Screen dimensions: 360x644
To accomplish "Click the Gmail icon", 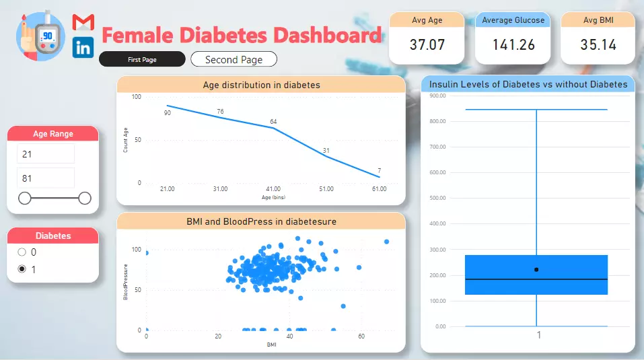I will coord(83,22).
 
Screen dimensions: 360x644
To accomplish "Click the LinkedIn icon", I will coord(83,47).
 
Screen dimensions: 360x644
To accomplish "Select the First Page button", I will coord(142,60).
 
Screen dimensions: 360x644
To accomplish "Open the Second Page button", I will coord(234,60).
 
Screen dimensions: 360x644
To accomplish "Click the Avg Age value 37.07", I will coord(427,45).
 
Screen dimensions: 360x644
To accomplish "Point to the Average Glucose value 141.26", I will coord(513,45).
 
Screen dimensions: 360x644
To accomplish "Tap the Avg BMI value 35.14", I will coord(598,45).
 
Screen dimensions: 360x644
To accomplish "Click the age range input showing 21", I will coord(46,154).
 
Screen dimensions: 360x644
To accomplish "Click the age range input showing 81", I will coord(46,178).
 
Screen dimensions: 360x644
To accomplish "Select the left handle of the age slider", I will coord(25,198).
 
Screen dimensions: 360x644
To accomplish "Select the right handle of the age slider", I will coord(85,198).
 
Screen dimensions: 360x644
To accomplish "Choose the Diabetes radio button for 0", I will coord(22,252).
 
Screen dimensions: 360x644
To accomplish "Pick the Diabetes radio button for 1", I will coord(22,269).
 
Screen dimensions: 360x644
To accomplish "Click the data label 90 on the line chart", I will coord(167,112).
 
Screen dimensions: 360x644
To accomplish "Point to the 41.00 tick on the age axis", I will coord(273,189).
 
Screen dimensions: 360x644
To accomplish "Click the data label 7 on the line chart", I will coord(380,170).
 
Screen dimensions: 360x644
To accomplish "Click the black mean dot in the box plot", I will coord(536,270).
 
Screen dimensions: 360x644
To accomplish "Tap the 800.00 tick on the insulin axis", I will coord(437,121).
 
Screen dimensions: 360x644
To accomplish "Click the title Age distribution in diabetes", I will coord(261,85).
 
